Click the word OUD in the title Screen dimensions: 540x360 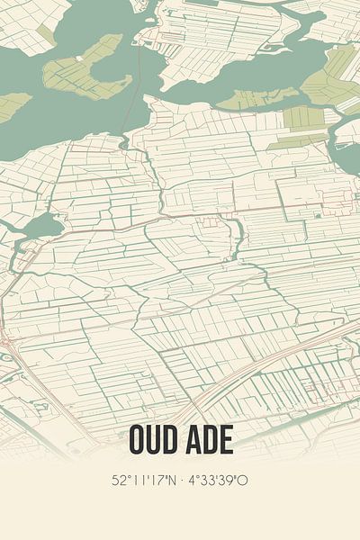[154, 440]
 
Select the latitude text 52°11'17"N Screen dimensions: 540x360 [145, 481]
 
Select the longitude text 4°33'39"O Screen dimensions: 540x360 [217, 481]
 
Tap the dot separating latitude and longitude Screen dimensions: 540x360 [181, 481]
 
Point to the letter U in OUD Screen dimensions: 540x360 [155, 440]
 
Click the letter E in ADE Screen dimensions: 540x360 [224, 440]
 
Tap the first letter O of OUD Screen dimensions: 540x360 [139, 440]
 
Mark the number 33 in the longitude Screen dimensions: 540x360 [212, 481]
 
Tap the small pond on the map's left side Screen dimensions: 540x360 [40, 227]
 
